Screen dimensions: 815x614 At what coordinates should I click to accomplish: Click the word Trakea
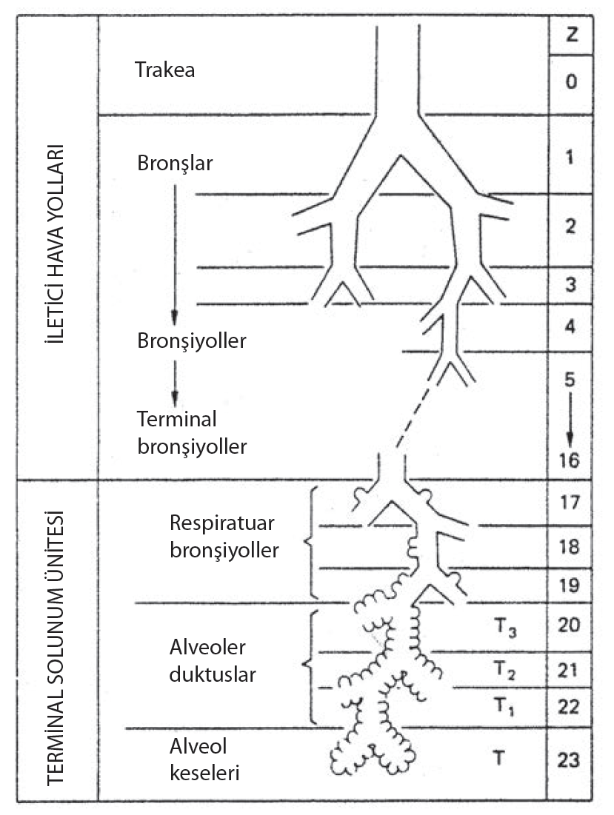[164, 71]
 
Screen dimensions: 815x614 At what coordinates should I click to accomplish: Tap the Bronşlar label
[175, 162]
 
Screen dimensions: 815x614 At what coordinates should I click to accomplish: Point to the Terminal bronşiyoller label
[191, 432]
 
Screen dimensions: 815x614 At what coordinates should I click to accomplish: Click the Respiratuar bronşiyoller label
[223, 537]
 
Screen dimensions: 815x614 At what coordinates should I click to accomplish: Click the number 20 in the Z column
[570, 626]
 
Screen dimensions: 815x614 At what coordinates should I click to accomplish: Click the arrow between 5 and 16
[570, 420]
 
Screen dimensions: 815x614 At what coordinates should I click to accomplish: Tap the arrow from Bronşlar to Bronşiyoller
[175, 252]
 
